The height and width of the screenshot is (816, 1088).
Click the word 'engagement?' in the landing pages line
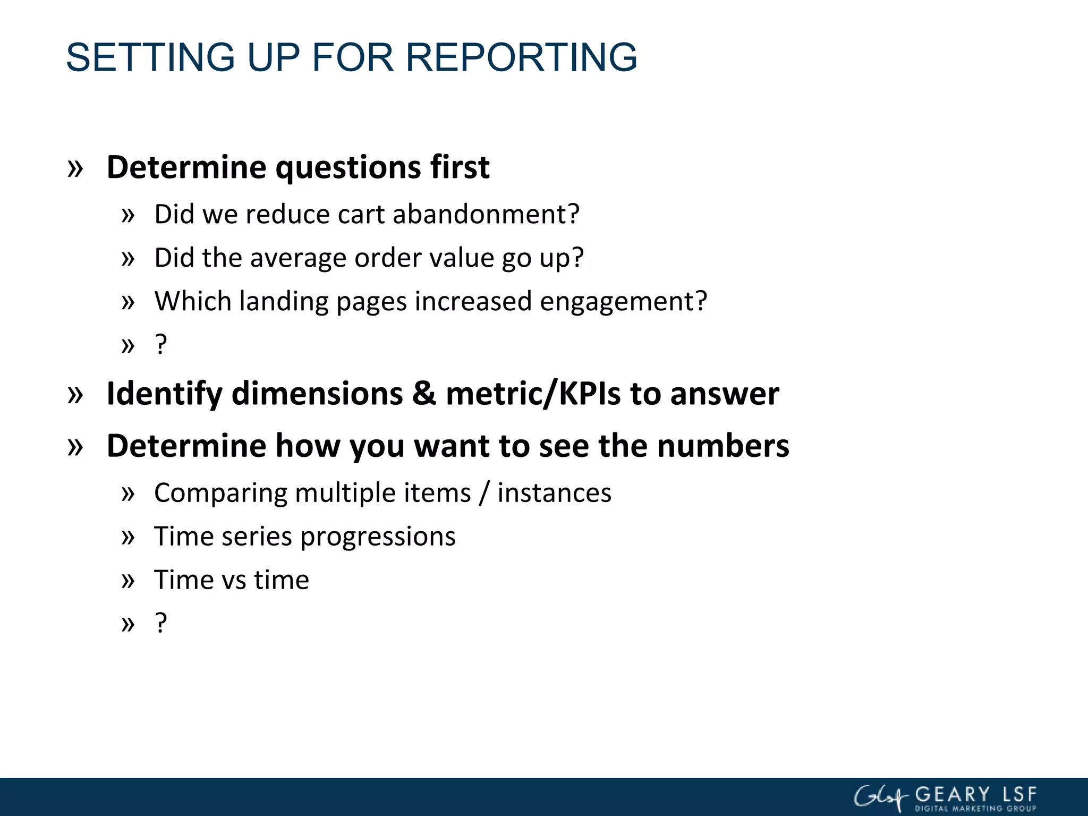(623, 302)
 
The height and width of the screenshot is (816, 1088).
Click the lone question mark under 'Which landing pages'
(161, 345)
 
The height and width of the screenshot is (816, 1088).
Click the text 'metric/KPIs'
(533, 394)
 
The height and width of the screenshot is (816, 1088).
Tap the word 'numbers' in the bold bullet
(723, 446)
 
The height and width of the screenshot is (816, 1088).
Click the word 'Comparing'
(220, 494)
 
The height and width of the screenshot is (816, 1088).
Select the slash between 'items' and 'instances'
(483, 494)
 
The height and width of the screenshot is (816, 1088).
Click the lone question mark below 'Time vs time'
(161, 624)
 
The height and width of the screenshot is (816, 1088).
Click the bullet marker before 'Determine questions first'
(75, 169)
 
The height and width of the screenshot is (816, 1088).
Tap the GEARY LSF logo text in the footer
(975, 795)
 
